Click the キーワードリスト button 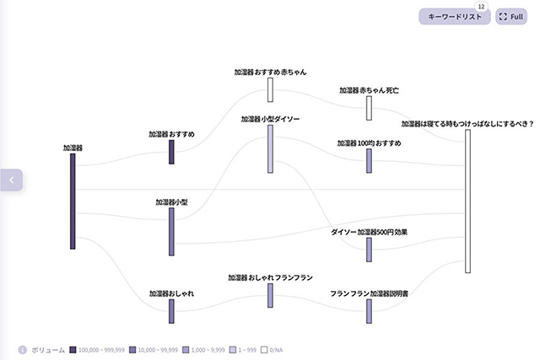(454, 17)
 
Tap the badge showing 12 (481, 7)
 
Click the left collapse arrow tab (11, 180)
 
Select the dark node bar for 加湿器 (73, 201)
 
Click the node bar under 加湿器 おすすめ (171, 152)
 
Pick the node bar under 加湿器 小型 (171, 231)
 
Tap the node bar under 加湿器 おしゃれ (171, 310)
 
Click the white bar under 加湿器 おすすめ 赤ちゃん (271, 89)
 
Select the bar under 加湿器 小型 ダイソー (271, 148)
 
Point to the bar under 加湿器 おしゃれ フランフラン (271, 295)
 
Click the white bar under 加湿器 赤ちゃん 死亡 (369, 108)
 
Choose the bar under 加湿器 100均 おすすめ (369, 161)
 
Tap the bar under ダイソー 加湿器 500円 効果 (369, 250)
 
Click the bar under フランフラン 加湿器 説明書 (369, 310)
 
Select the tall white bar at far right (467, 201)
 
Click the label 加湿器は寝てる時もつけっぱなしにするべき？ (467, 123)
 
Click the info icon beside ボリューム (22, 349)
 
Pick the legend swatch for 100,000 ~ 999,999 (73, 349)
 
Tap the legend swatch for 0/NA (264, 349)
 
